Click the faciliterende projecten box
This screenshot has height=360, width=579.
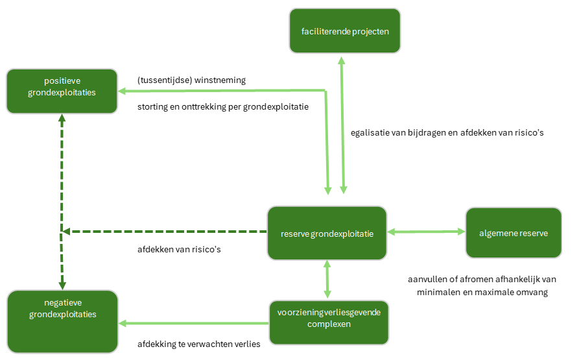[x=344, y=30]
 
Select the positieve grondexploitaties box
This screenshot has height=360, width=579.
[x=62, y=91]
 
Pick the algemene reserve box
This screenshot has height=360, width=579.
[x=513, y=232]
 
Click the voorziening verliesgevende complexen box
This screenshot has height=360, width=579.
[x=329, y=322]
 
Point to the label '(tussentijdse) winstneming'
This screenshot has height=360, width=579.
[x=191, y=80]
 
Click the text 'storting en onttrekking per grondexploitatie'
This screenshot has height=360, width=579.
[x=222, y=106]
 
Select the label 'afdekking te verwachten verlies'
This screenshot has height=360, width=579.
[x=198, y=344]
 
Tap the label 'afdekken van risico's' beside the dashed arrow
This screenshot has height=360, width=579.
[x=180, y=249]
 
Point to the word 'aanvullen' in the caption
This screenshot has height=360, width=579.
[x=427, y=280]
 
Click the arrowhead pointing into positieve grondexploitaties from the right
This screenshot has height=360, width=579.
[x=123, y=92]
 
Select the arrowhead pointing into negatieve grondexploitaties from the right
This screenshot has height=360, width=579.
[x=123, y=322]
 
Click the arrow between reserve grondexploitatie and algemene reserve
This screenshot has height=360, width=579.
[x=426, y=232]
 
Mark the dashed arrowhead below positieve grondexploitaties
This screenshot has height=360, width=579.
[x=62, y=119]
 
